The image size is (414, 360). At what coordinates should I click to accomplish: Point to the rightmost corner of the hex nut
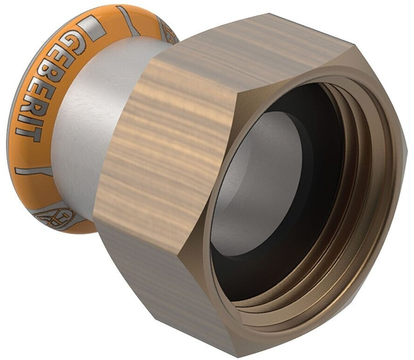tap(407, 149)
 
